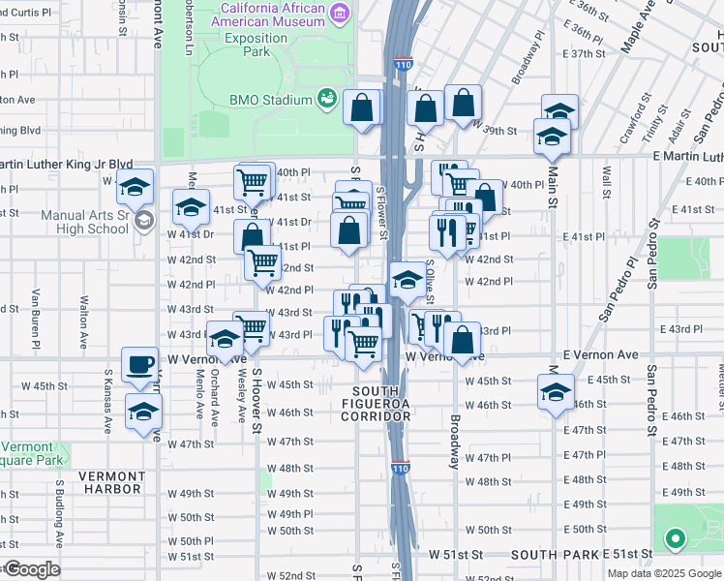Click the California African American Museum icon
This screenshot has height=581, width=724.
[x=340, y=11]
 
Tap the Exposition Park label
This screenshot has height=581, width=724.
[x=256, y=45]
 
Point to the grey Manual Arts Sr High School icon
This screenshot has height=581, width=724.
[x=143, y=220]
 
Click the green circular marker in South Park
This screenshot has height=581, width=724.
[x=675, y=538]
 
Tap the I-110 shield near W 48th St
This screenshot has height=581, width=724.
[x=401, y=469]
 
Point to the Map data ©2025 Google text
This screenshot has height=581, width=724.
[x=664, y=573]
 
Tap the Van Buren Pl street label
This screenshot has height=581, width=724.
[x=36, y=318]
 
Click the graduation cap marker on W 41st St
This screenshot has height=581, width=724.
[x=191, y=206]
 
